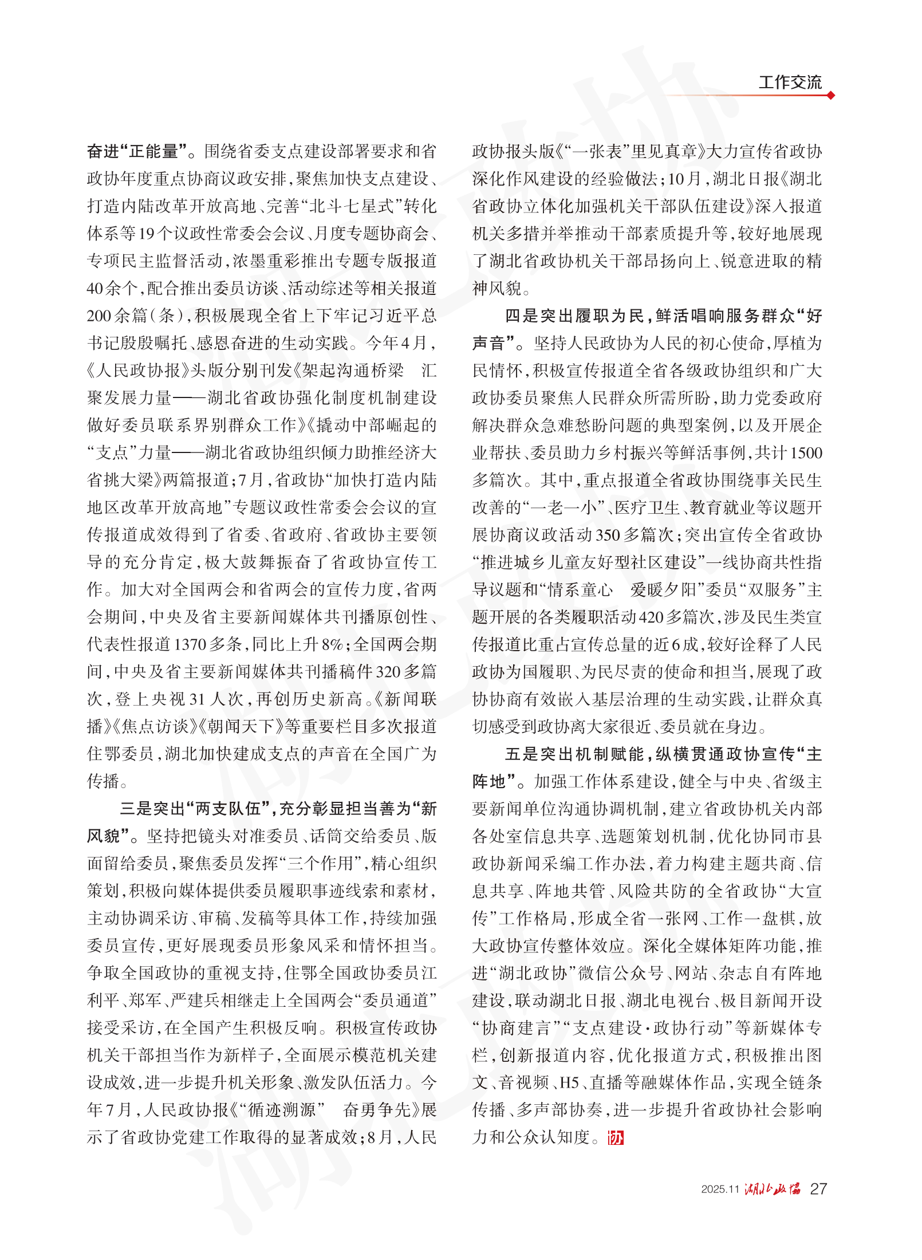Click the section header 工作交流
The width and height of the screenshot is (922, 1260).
(790, 82)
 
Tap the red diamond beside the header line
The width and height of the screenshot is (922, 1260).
(830, 95)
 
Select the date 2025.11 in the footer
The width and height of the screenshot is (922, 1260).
(720, 1189)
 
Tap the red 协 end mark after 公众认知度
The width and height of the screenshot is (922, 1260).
(616, 1137)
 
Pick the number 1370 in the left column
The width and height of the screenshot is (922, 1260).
(190, 644)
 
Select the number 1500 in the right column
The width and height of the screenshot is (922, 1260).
(806, 452)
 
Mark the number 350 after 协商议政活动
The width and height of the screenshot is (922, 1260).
(608, 535)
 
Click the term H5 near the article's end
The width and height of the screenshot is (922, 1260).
(569, 1082)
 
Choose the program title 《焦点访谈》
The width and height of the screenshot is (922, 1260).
(151, 726)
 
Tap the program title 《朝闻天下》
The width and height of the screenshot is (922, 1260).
(241, 726)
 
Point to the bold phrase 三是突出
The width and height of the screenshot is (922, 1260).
(153, 809)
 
